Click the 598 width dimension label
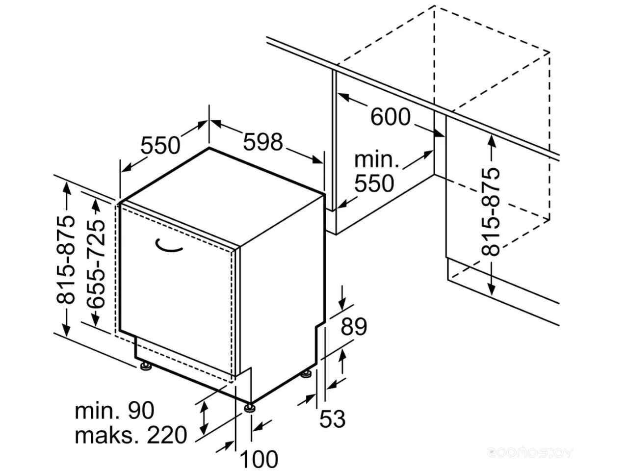tap(263, 142)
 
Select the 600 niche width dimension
tap(390, 117)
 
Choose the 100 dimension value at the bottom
tap(259, 459)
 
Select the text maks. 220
tap(131, 435)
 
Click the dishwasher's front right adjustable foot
tap(250, 407)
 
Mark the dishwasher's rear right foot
tap(307, 374)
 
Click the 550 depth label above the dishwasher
tap(161, 145)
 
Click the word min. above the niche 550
tap(377, 159)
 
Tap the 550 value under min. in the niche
tap(374, 183)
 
